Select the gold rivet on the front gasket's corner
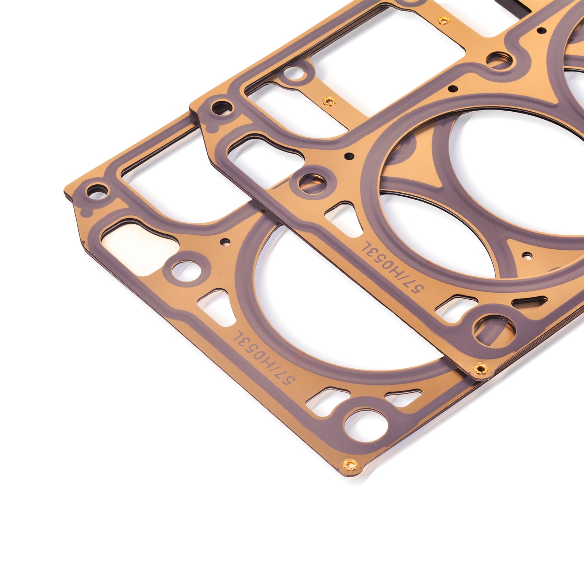(351, 464)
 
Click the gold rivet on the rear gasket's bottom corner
(481, 369)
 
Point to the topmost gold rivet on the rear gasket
(443, 20)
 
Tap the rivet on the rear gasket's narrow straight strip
(329, 100)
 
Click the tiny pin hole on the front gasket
(225, 241)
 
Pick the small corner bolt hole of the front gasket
(97, 190)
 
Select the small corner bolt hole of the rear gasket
(222, 107)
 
